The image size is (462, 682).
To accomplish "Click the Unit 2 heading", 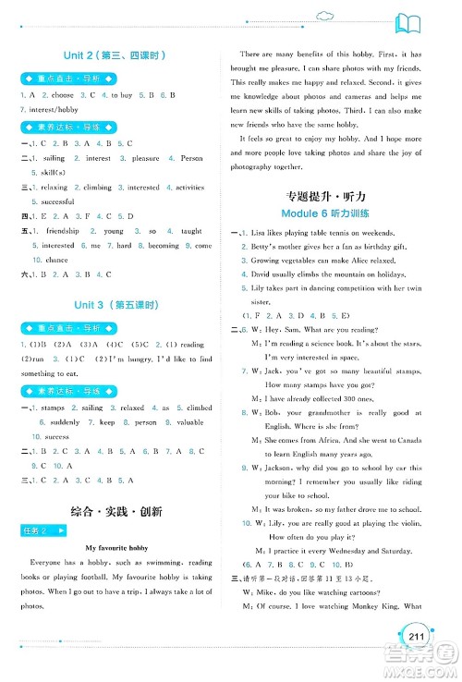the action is click(115, 51).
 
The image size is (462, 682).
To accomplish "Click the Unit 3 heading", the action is click(115, 304).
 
